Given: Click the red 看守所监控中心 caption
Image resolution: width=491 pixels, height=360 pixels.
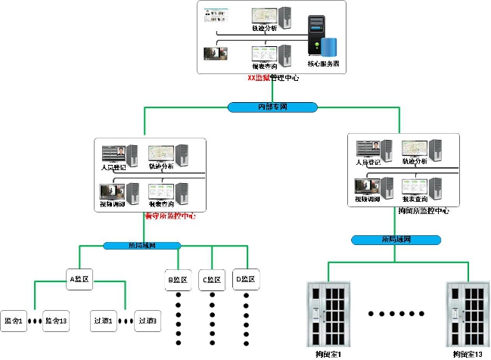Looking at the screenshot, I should click(x=169, y=216).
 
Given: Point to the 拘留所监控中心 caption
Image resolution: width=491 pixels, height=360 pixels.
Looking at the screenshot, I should click(x=423, y=211).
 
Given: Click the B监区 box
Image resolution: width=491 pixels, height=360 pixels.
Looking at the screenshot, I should click(x=179, y=279).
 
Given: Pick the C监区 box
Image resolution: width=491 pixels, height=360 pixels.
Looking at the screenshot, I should click(x=213, y=279).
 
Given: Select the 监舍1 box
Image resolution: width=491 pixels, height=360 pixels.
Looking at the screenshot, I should click(x=14, y=321).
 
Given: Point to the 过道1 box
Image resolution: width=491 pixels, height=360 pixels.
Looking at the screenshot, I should click(x=104, y=321).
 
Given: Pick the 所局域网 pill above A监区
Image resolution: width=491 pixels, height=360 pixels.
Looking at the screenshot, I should click(x=142, y=246).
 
